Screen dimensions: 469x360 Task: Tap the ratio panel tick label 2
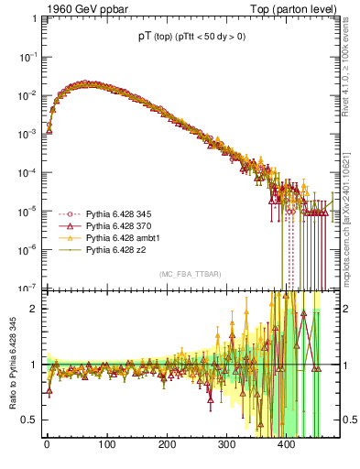coord(35,309)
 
